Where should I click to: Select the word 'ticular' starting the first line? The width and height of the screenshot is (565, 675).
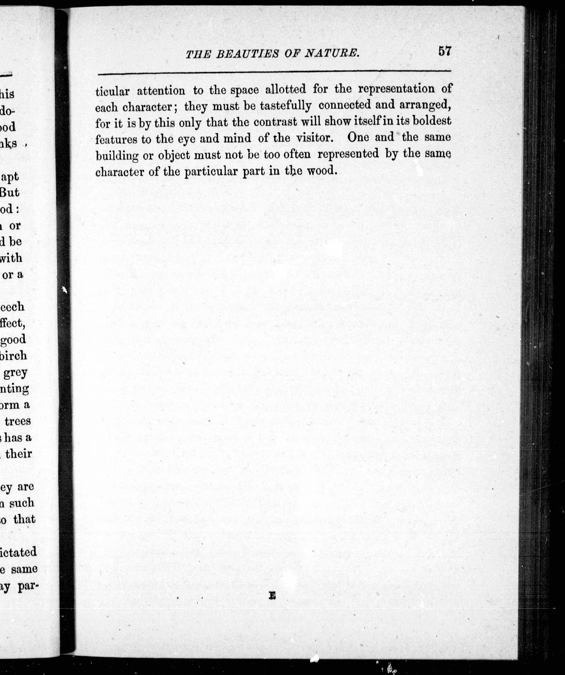(x=112, y=92)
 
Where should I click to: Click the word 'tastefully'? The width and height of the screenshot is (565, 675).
(x=286, y=106)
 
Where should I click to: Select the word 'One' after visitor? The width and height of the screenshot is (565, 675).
(x=358, y=137)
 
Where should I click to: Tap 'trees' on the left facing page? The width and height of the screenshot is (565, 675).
(x=18, y=421)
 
